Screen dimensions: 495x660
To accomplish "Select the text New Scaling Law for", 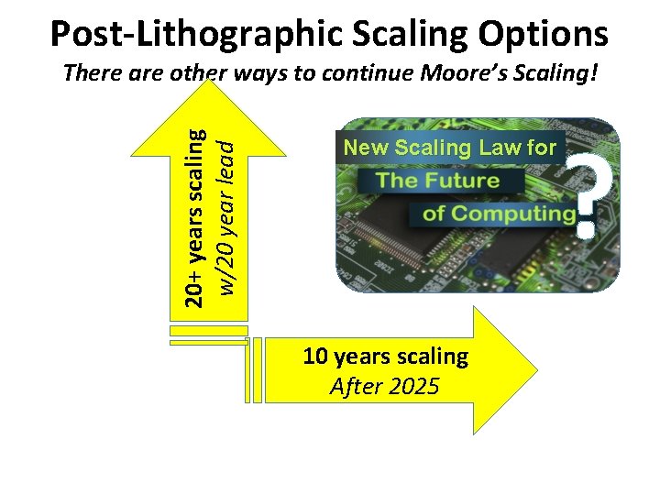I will (x=449, y=148).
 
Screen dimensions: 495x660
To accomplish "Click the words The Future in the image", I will (x=438, y=181).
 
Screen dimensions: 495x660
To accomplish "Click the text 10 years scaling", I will (x=385, y=356).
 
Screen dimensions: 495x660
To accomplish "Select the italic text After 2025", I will (x=385, y=386).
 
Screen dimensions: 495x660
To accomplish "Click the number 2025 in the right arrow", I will (x=413, y=386).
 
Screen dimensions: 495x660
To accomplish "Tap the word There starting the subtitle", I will (x=90, y=73).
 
